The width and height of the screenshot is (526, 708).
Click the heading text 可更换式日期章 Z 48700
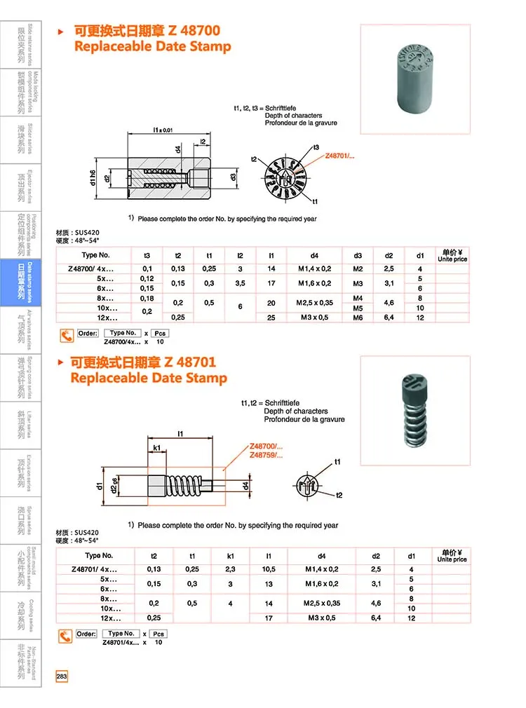coord(147,30)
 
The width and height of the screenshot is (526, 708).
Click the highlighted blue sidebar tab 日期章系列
coord(21,282)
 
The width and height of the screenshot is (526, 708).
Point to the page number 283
coord(62,676)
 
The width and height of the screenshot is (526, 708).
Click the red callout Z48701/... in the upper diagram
coord(340,156)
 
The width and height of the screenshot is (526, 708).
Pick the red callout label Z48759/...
coord(267,456)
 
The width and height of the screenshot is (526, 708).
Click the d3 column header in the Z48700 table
coord(358,255)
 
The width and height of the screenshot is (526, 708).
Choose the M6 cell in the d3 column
coord(358,318)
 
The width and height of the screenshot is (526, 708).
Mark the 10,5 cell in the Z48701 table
coord(269,569)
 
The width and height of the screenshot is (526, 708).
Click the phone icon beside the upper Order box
coord(65,336)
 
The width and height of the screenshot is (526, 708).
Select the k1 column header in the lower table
coord(230,555)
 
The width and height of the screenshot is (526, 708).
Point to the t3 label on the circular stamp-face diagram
coord(316,148)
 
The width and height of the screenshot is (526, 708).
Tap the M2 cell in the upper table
coord(358,268)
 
